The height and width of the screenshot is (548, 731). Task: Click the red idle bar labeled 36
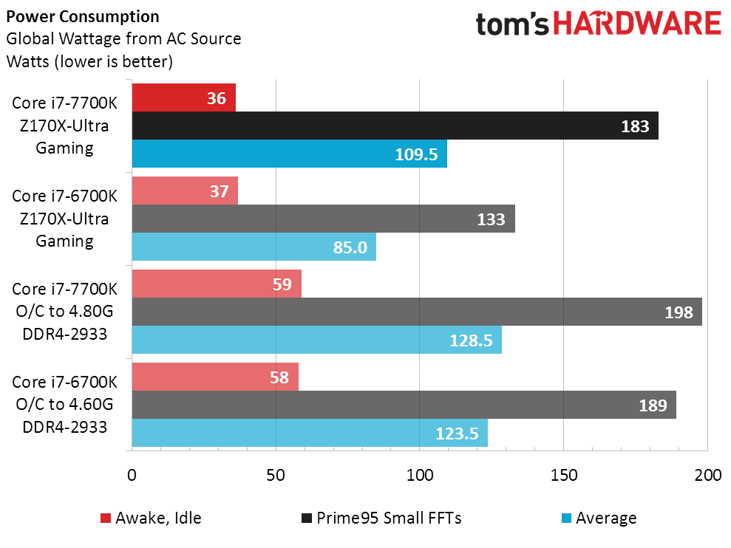click(183, 97)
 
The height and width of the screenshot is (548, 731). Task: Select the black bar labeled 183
click(395, 126)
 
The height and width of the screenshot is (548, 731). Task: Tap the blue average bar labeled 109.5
click(289, 154)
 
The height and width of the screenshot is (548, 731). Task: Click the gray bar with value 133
click(323, 219)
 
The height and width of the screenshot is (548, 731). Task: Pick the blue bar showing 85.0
click(254, 247)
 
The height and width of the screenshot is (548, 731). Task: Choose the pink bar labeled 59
click(217, 284)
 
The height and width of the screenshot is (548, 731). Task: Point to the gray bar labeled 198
click(416, 312)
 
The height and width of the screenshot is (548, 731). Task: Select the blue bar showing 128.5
click(316, 340)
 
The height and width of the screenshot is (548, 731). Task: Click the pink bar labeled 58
click(215, 377)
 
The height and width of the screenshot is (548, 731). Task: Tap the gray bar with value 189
click(404, 405)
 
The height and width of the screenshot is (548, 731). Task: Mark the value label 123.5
click(458, 433)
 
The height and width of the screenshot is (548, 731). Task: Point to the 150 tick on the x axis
click(563, 476)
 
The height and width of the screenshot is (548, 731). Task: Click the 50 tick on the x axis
click(276, 476)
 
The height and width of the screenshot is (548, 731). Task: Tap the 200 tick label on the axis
click(707, 476)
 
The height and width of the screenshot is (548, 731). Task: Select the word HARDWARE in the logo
click(637, 24)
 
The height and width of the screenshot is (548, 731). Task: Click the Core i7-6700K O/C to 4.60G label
click(64, 404)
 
